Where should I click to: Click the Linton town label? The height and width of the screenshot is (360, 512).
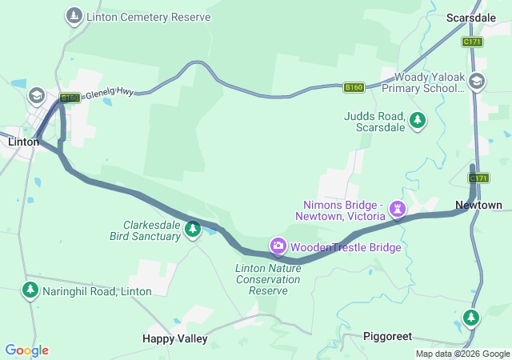pyautogui.click(x=23, y=142)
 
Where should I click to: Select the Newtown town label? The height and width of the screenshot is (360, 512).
pyautogui.click(x=478, y=206)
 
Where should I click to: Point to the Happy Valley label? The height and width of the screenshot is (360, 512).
pyautogui.click(x=174, y=338)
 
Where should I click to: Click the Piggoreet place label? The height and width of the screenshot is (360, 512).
pyautogui.click(x=391, y=337)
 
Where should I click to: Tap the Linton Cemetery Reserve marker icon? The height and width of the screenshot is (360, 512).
pyautogui.click(x=74, y=15)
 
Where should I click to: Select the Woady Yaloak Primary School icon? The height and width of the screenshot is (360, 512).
pyautogui.click(x=477, y=80)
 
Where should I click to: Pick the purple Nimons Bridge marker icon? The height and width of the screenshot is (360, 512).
pyautogui.click(x=397, y=209)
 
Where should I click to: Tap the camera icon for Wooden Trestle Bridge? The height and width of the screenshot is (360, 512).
pyautogui.click(x=278, y=245)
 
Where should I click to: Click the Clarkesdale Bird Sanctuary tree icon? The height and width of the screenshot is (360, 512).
pyautogui.click(x=192, y=230)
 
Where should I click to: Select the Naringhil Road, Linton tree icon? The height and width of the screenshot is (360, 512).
pyautogui.click(x=30, y=290)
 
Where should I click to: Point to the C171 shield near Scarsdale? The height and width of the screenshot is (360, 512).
pyautogui.click(x=472, y=42)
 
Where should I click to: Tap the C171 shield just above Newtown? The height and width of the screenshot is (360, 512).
pyautogui.click(x=478, y=178)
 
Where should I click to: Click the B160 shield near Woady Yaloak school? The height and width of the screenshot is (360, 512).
pyautogui.click(x=354, y=86)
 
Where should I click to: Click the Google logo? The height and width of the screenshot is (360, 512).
pyautogui.click(x=26, y=350)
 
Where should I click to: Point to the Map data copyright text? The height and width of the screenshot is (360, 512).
pyautogui.click(x=462, y=354)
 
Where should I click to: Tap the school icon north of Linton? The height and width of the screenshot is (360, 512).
pyautogui.click(x=36, y=96)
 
